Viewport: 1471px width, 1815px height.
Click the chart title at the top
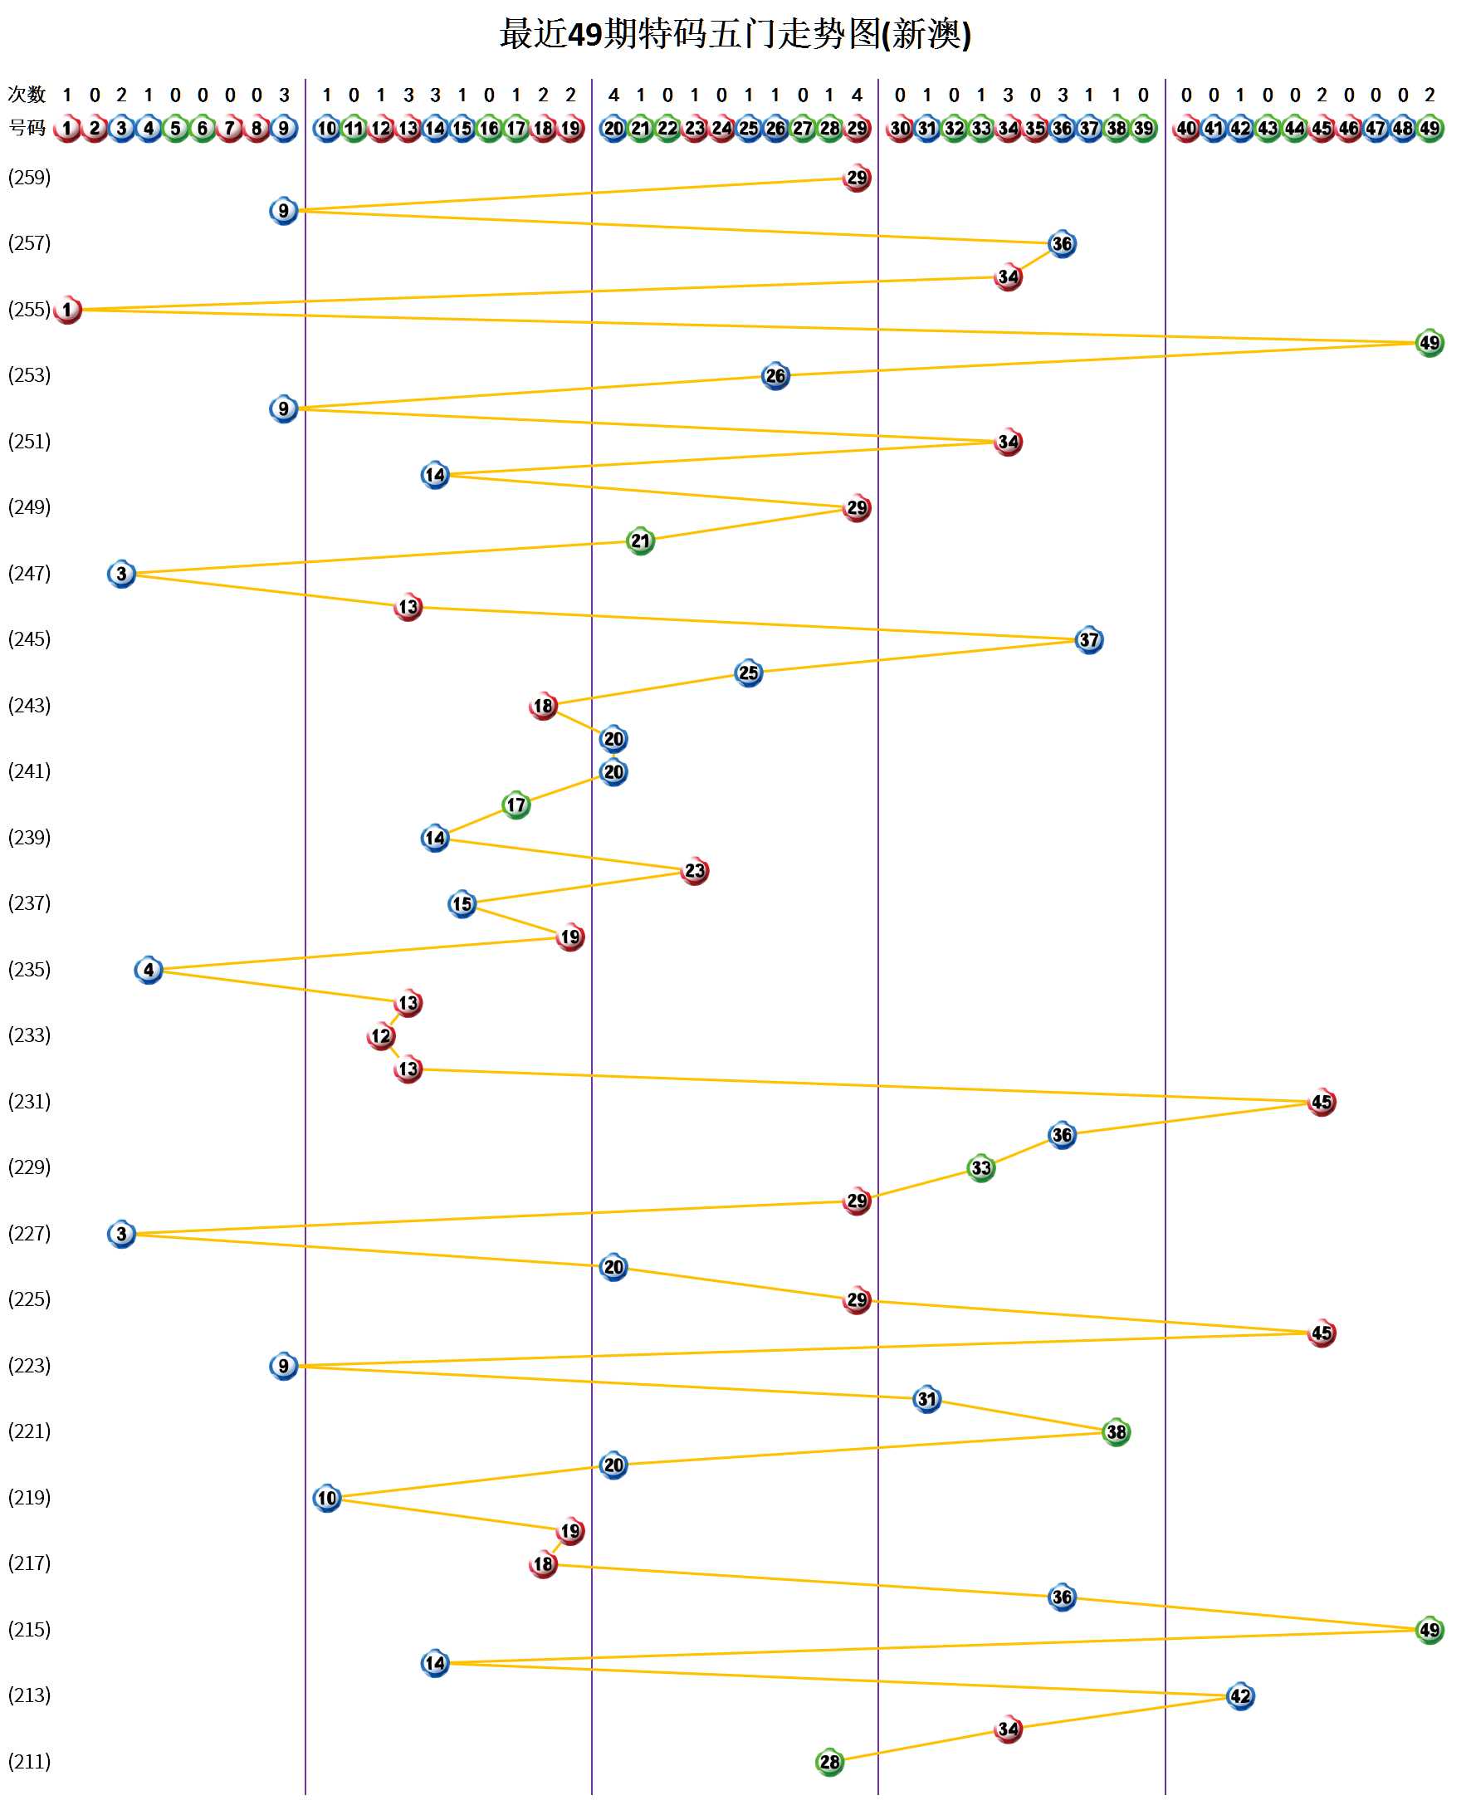(x=735, y=35)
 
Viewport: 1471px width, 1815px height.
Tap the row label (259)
(x=30, y=177)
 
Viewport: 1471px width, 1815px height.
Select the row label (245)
(x=30, y=638)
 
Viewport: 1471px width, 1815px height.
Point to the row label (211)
(x=30, y=1761)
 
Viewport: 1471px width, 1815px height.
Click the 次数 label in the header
(x=27, y=94)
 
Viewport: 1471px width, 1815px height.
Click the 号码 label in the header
(x=27, y=128)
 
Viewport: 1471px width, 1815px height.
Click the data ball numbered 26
(x=775, y=375)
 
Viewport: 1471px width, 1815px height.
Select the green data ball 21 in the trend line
(x=641, y=541)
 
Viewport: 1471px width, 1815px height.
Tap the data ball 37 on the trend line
(x=1089, y=640)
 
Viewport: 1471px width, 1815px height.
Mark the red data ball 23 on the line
(x=695, y=870)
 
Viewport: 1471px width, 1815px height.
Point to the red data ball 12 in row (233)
(x=381, y=1035)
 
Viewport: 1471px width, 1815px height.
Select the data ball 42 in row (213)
(x=1239, y=1695)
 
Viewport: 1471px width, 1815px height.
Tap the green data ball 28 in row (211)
(x=829, y=1762)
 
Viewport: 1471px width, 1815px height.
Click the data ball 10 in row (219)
(x=327, y=1498)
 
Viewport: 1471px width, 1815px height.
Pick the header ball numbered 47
(x=1376, y=129)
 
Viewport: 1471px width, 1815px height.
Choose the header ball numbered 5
(x=175, y=129)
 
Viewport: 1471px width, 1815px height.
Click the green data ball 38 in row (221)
(x=1116, y=1432)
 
